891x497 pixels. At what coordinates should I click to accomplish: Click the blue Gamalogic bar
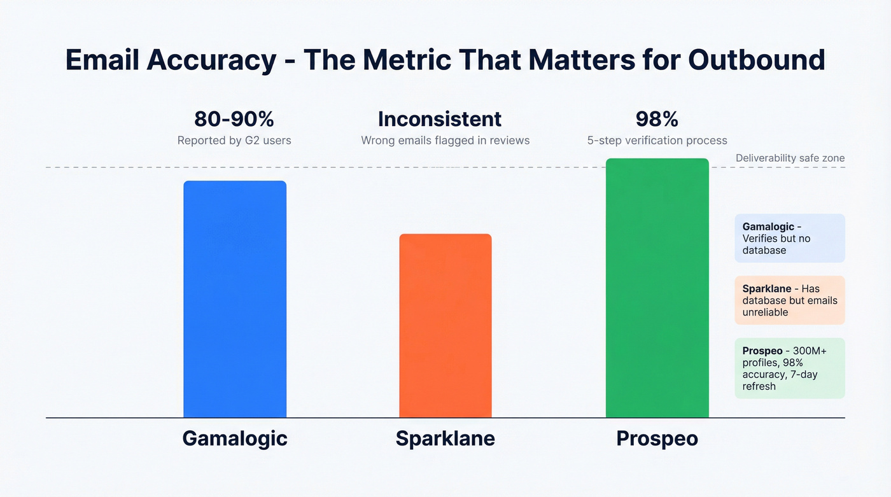(x=235, y=299)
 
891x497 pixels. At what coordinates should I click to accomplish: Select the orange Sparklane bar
(x=445, y=326)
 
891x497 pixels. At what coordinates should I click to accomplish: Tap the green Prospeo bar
(x=657, y=288)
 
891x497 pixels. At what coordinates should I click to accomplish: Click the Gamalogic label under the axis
(x=235, y=438)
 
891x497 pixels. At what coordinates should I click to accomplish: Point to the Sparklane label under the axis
(x=445, y=438)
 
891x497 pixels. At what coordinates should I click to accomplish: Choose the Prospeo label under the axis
(x=657, y=438)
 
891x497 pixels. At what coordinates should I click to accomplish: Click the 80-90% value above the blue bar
(x=234, y=119)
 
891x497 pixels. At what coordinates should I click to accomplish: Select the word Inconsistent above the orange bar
(x=440, y=119)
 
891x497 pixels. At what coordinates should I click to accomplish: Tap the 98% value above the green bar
(x=657, y=119)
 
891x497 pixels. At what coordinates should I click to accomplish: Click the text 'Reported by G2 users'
(x=234, y=141)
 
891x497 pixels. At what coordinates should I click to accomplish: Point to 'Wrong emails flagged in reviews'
(x=445, y=141)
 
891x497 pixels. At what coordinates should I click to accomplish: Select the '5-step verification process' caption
(x=657, y=141)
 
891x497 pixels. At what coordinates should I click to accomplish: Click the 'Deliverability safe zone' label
(x=790, y=158)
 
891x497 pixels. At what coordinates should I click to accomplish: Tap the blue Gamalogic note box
(x=790, y=238)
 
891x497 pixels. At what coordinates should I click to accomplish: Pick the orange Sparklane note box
(x=790, y=300)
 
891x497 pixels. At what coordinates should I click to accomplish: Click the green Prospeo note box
(x=790, y=368)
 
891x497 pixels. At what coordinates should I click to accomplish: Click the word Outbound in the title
(x=757, y=60)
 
